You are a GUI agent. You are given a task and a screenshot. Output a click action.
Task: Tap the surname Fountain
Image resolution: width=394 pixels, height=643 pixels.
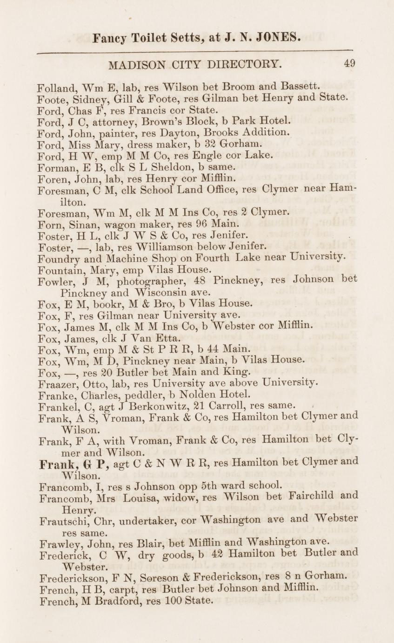[x=57, y=269]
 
